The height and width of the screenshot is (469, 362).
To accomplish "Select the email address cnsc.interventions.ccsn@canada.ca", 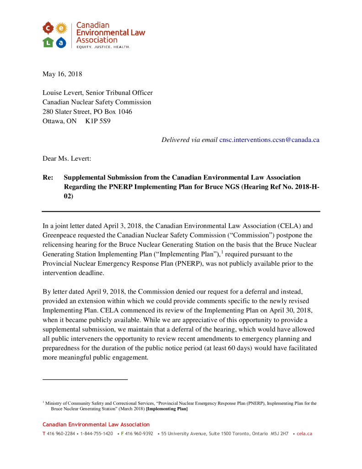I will point(269,140).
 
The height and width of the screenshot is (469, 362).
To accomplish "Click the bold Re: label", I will point(48,177).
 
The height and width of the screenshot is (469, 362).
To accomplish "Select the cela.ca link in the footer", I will point(304,433).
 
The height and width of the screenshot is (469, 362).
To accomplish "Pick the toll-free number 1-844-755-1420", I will point(97,433).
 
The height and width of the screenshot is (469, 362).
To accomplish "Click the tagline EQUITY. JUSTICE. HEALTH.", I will point(103,47).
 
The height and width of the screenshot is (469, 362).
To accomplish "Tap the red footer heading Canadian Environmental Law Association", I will point(96,425).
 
